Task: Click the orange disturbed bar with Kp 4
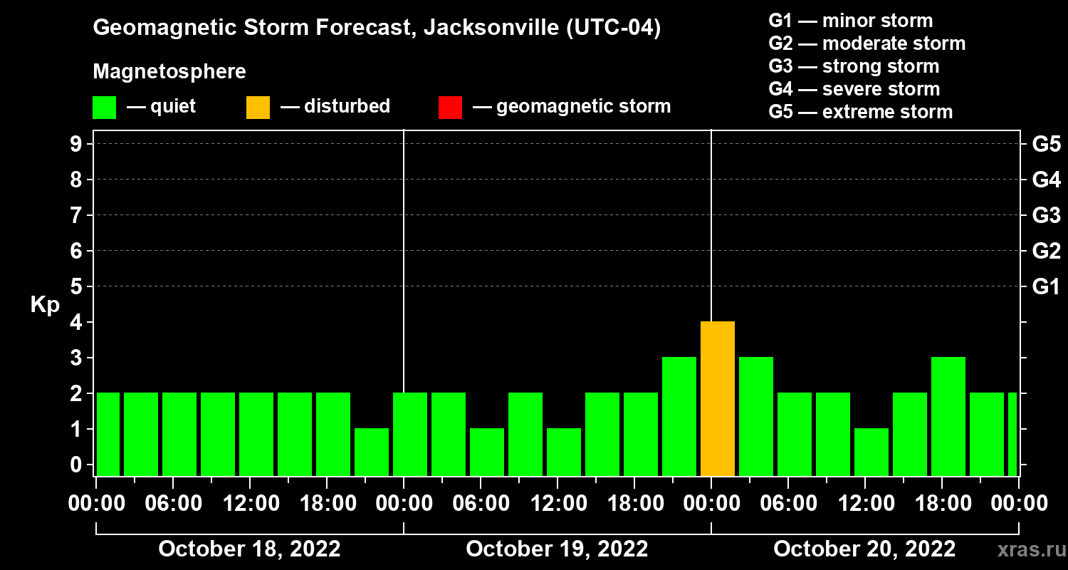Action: [x=717, y=399]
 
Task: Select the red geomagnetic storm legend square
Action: [x=450, y=108]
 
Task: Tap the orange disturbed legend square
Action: [x=258, y=108]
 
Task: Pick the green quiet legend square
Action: [x=104, y=108]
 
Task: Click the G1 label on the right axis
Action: [x=1046, y=287]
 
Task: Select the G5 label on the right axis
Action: [x=1046, y=145]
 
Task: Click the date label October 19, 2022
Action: [x=557, y=549]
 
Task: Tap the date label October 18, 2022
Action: [x=249, y=549]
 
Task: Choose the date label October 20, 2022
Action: [x=864, y=549]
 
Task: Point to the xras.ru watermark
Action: [x=1027, y=550]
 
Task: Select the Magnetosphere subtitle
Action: [x=169, y=72]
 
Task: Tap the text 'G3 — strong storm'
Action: [x=854, y=66]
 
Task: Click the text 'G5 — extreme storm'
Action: [x=860, y=112]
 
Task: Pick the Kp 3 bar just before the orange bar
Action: [x=679, y=417]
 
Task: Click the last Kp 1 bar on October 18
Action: [x=372, y=452]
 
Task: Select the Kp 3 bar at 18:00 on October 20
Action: [x=948, y=417]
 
